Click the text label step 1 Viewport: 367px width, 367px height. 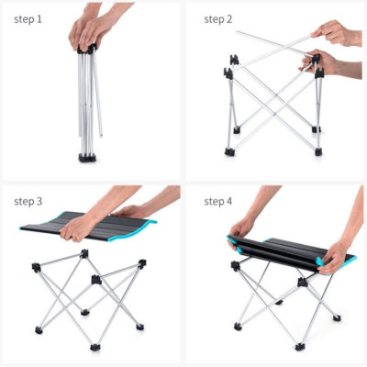point(28,18)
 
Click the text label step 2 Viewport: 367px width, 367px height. point(217,18)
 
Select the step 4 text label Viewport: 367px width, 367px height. point(217,202)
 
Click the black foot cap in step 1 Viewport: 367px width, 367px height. point(88,158)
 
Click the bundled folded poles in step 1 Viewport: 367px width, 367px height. point(89,101)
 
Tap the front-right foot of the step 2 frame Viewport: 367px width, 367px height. point(317,150)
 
